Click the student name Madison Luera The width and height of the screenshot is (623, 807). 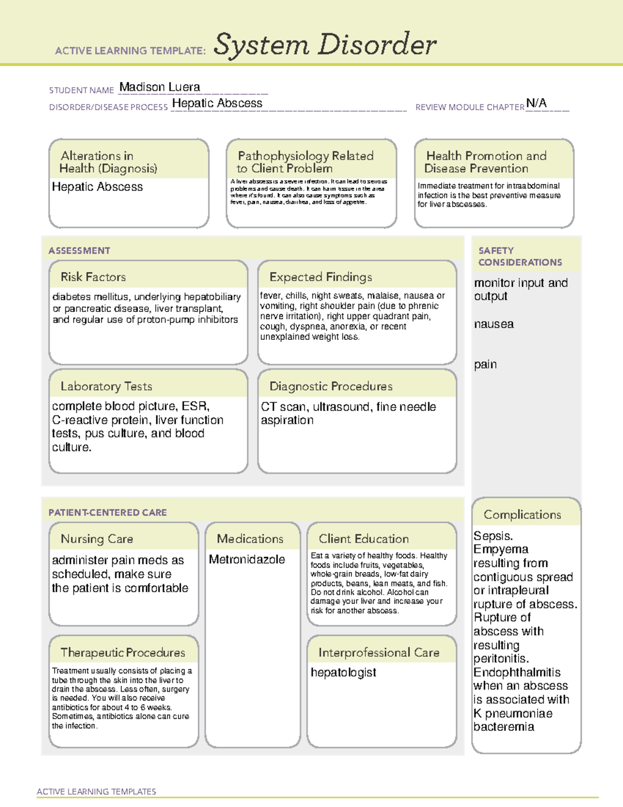pos(159,87)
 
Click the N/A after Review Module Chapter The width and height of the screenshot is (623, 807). pos(536,103)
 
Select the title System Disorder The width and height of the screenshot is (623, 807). pos(325,45)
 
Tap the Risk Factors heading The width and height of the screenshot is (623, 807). pos(93,277)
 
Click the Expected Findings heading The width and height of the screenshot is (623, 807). pos(320,277)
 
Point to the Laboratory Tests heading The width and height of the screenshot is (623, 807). pos(106,386)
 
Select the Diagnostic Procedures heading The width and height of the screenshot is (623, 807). pos(331,386)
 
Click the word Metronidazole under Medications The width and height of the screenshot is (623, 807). pos(247,560)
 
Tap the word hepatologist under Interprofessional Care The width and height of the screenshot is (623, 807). pos(343,672)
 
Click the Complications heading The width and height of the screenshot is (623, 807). pos(522,514)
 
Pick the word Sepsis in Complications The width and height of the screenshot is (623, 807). pos(493,536)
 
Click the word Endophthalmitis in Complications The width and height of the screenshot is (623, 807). pos(517,672)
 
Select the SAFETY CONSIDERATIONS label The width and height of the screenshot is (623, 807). pos(520,256)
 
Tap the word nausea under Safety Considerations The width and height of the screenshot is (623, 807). pos(493,324)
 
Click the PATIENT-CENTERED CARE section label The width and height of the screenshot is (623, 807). pos(107,512)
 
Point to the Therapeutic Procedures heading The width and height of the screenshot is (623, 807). pos(123,652)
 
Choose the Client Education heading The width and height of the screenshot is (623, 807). pos(363,539)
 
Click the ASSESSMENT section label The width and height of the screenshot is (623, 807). pos(79,250)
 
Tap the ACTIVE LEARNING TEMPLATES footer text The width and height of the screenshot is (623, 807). pos(96,791)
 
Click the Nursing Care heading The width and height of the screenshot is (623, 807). pos(97,539)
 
